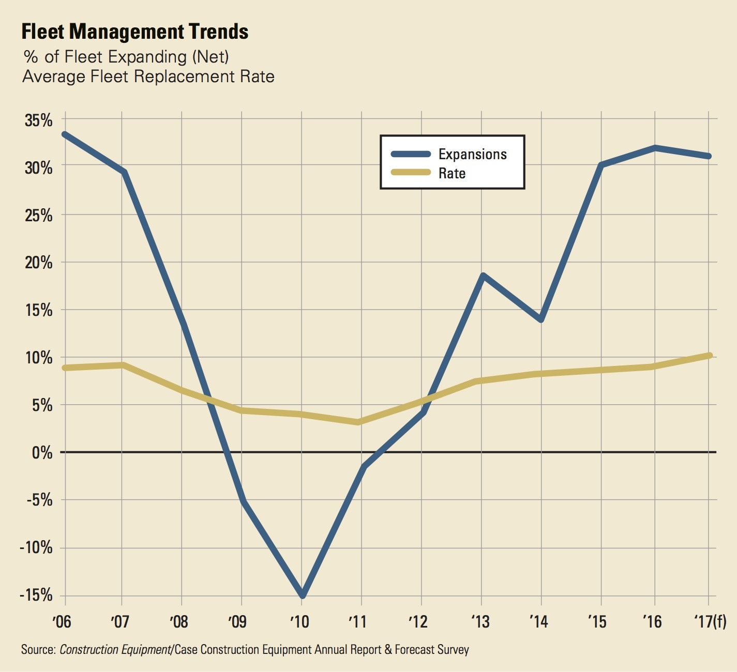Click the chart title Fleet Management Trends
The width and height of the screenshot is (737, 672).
134,32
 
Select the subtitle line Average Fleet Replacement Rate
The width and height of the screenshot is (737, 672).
148,77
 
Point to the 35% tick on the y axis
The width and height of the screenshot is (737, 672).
39,120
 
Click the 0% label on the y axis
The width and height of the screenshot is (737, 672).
42,453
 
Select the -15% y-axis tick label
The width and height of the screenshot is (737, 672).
36,595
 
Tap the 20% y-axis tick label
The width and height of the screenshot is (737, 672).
39,263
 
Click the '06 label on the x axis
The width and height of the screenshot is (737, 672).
62,621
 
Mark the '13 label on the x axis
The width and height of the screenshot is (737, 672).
480,621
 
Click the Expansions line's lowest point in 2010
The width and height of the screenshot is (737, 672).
303,595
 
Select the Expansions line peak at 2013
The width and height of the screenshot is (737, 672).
482,276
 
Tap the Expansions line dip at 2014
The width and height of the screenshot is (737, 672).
541,320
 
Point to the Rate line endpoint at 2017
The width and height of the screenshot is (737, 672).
709,356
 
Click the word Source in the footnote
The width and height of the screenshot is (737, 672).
38,649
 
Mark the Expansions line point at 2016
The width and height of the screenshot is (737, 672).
655,148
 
